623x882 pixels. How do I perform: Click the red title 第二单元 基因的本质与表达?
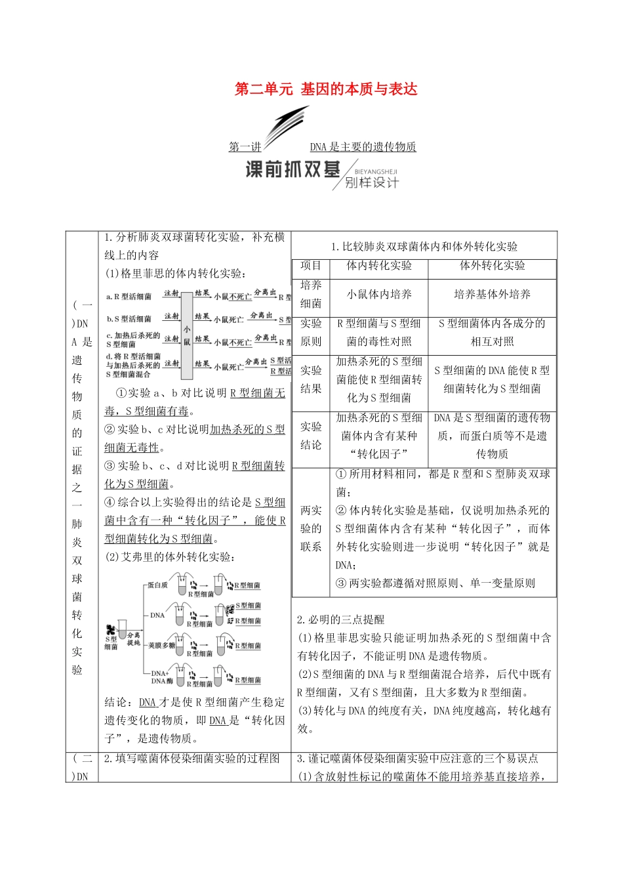coord(326,89)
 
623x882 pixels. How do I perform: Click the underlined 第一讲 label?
coord(245,147)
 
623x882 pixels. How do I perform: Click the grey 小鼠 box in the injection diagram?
coord(187,335)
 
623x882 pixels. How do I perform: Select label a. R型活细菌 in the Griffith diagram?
coord(129,297)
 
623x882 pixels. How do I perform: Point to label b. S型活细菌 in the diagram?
coord(129,319)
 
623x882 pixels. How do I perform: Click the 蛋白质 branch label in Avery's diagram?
coord(157,585)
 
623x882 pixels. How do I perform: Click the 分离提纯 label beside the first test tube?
coord(134,639)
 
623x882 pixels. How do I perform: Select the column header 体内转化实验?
coord(379,266)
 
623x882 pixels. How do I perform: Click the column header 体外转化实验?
coord(492,266)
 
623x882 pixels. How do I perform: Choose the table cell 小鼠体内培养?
coord(379,295)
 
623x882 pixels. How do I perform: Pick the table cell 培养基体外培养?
coord(492,295)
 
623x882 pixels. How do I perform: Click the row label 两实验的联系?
coord(311,528)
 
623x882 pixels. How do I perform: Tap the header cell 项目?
coord(311,266)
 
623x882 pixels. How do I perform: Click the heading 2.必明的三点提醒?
coord(340,619)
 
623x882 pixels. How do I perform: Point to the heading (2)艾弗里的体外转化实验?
coord(169,557)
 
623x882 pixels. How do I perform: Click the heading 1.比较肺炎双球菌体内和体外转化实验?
coord(424,247)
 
